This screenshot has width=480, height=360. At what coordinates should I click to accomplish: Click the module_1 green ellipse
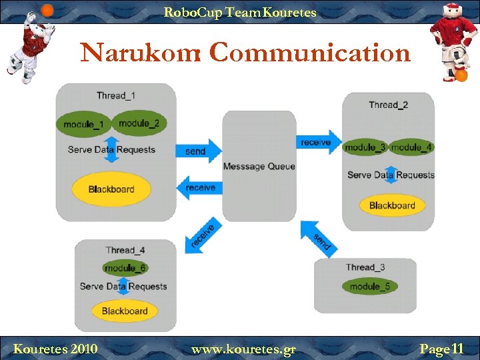point(84,125)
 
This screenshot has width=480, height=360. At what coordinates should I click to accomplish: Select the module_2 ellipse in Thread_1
point(139,123)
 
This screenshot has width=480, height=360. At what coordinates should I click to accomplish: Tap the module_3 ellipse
point(365,147)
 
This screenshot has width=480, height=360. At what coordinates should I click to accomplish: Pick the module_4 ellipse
point(411,147)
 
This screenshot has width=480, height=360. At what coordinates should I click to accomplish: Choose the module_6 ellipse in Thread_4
point(125,268)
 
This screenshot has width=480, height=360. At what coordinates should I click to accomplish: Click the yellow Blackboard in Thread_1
point(111,189)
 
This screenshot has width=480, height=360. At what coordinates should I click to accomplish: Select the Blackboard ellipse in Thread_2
point(392,205)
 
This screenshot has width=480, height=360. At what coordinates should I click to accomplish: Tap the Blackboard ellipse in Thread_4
point(125,311)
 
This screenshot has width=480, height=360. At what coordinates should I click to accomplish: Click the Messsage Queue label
point(259,166)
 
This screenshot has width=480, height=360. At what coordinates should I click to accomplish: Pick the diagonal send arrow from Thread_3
point(318,237)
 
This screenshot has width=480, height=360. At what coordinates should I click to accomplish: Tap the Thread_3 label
point(365,267)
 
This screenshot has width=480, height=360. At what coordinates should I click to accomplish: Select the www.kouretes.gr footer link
point(243,349)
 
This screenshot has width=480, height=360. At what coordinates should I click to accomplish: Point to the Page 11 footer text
point(441,349)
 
